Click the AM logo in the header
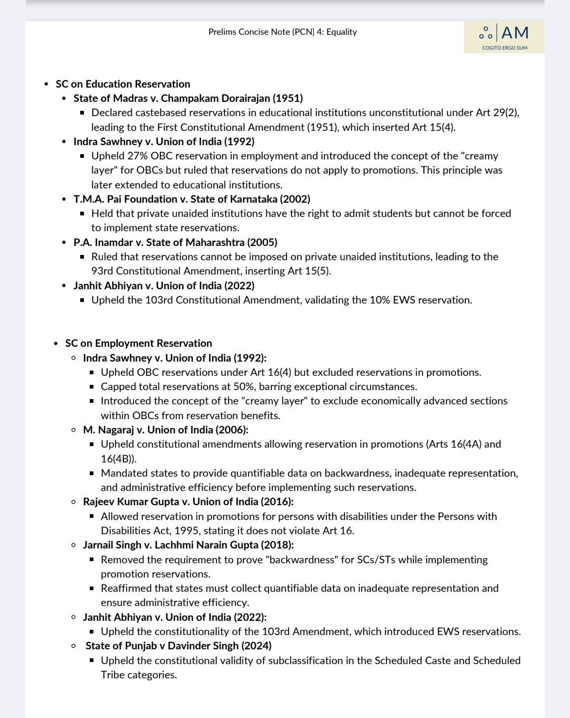tap(504, 33)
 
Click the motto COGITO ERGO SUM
tap(505, 48)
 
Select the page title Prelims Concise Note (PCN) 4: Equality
tap(282, 32)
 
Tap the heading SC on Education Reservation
tap(123, 84)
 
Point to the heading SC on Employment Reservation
tap(139, 343)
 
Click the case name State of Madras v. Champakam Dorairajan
tap(188, 98)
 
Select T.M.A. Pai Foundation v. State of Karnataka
tap(192, 199)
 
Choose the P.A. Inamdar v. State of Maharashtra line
tap(175, 242)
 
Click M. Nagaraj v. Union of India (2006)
tap(166, 430)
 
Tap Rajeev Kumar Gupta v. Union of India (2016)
tap(188, 502)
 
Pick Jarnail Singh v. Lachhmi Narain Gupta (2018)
tap(188, 545)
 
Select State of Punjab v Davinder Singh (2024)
tap(178, 646)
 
